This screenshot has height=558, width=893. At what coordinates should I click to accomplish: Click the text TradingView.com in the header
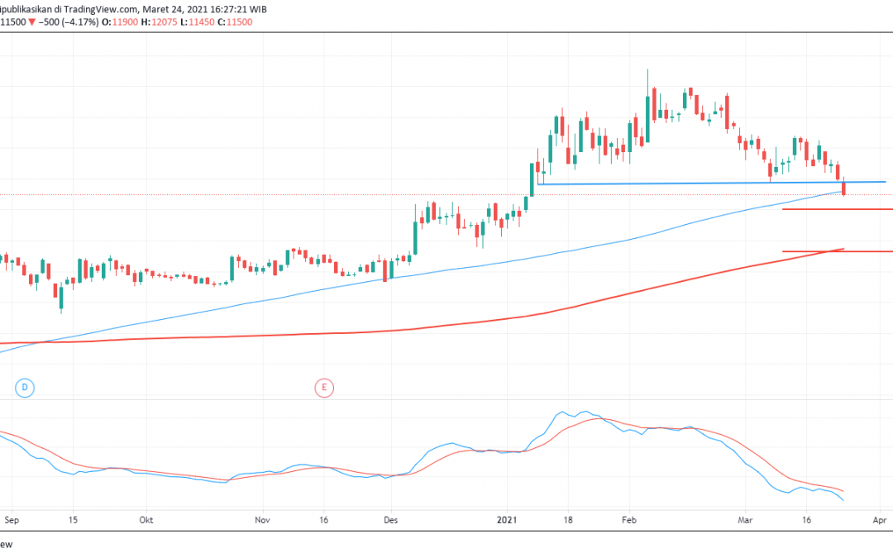click(98, 7)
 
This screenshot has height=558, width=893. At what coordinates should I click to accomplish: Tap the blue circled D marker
click(25, 387)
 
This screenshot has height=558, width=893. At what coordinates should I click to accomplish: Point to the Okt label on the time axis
click(146, 521)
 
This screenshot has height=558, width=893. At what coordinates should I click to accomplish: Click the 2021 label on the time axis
click(508, 521)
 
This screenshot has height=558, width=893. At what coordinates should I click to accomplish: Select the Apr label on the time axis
click(880, 521)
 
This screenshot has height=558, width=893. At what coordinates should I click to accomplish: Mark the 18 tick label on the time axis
click(567, 521)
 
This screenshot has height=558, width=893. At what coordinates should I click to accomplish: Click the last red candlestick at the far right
click(843, 188)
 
